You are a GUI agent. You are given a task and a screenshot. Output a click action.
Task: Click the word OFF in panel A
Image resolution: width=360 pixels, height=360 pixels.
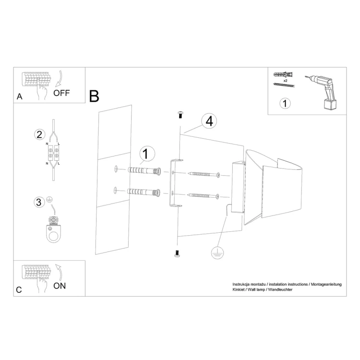tap(61, 93)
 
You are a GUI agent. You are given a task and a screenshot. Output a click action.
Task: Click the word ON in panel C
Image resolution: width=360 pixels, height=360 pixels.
tap(60, 286)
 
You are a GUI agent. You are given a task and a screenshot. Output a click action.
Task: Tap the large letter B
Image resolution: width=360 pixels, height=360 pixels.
tap(94, 96)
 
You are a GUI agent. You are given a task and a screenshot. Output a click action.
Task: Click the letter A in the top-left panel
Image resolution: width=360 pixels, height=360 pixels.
tap(19, 96)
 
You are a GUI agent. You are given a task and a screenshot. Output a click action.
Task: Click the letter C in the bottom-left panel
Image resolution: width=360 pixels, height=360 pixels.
tap(19, 290)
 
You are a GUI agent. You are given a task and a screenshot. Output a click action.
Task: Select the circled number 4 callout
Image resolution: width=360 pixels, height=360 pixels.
tap(209, 122)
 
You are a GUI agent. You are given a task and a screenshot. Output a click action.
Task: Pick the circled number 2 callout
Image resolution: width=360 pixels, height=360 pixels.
tap(39, 134)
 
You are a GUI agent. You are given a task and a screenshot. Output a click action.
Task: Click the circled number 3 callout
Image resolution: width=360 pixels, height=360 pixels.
tap(39, 202)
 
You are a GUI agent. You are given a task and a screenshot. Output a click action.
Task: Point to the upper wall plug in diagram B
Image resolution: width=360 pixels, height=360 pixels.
tap(144, 170)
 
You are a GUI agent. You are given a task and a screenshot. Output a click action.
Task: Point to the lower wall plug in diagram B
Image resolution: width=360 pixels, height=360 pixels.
tap(144, 192)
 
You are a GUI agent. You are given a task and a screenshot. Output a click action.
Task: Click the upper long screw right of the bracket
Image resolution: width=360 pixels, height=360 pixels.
tap(204, 174)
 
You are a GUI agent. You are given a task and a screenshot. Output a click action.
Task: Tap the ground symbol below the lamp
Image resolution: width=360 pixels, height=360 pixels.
tap(217, 253)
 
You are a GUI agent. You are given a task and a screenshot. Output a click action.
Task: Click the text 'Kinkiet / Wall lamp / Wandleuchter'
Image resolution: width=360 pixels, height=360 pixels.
tap(263, 290)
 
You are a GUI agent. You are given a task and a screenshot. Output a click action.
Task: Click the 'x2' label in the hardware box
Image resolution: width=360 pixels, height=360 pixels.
tap(285, 81)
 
